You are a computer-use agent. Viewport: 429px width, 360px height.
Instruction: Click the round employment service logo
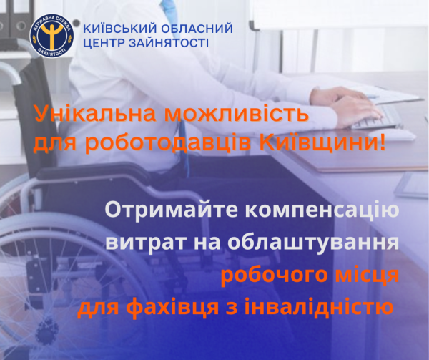(51, 36)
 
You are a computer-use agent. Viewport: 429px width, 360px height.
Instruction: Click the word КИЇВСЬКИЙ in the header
(120, 29)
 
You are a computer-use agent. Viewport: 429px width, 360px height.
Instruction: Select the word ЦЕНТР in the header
(104, 43)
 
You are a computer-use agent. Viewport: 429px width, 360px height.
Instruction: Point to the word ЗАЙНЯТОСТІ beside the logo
(169, 43)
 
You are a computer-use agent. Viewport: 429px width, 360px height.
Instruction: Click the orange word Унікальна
(96, 113)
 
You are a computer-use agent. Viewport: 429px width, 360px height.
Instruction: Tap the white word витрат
(146, 243)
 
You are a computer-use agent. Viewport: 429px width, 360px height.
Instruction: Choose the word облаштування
(313, 243)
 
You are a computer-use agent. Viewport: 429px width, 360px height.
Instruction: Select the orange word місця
(368, 276)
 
